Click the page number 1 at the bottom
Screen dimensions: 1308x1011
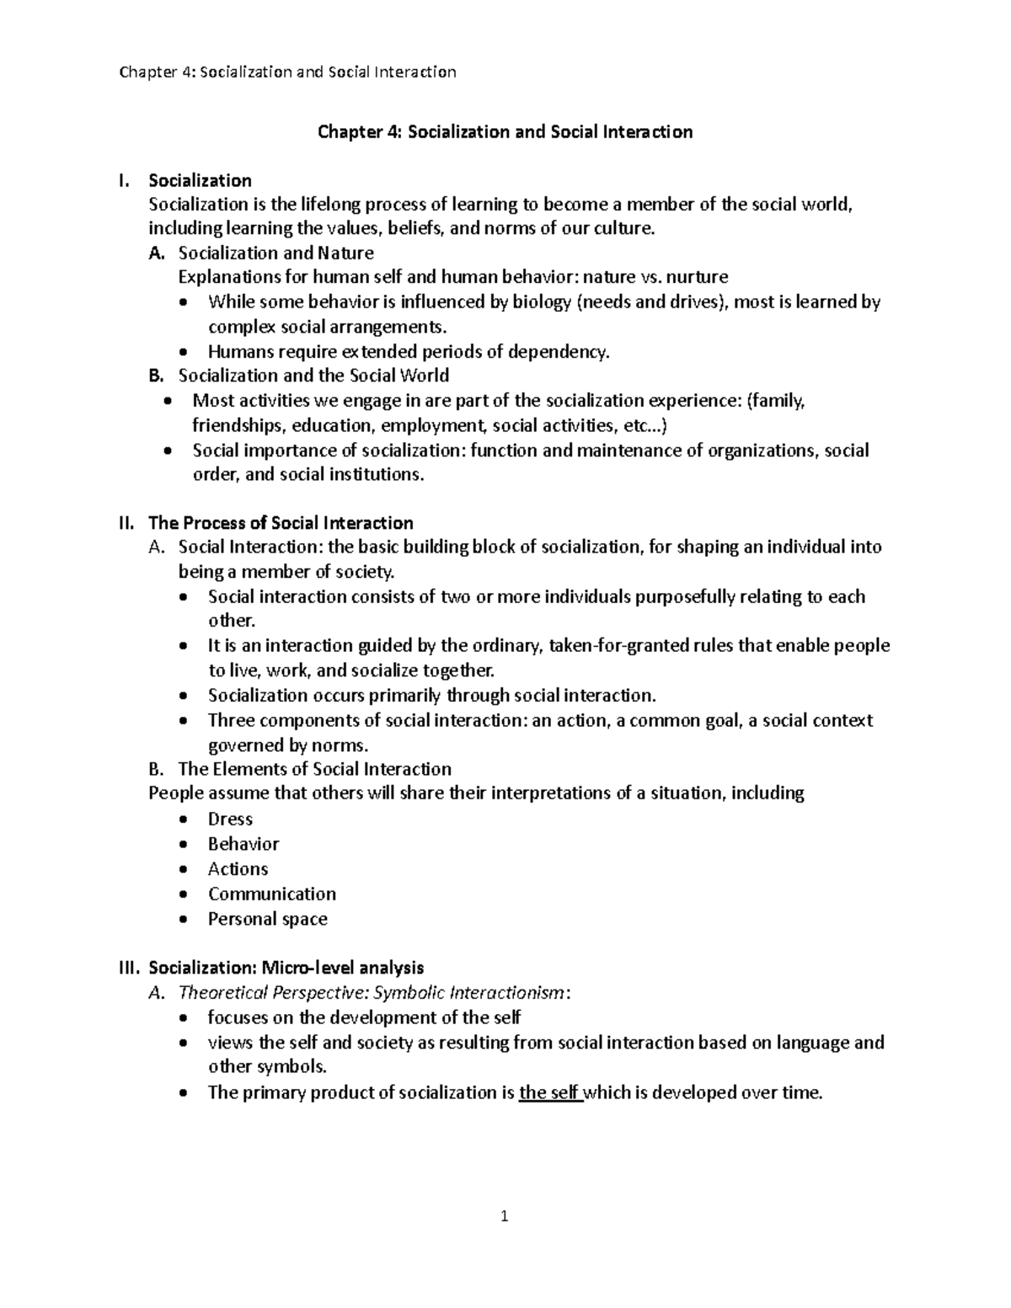point(504,1216)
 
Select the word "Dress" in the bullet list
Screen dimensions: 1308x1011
point(230,820)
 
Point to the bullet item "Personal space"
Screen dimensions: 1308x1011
point(267,919)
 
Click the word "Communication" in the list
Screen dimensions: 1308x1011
point(271,894)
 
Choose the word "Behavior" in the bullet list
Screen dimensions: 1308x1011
point(243,844)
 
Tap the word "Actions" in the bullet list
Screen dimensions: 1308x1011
point(238,869)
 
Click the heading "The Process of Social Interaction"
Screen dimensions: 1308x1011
point(281,523)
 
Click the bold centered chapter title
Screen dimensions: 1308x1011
point(504,132)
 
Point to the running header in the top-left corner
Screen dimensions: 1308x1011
point(287,72)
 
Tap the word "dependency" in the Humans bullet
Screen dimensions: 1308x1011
point(560,352)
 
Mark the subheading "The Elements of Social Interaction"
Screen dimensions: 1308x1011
point(314,769)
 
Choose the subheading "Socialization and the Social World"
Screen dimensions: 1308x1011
point(313,376)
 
